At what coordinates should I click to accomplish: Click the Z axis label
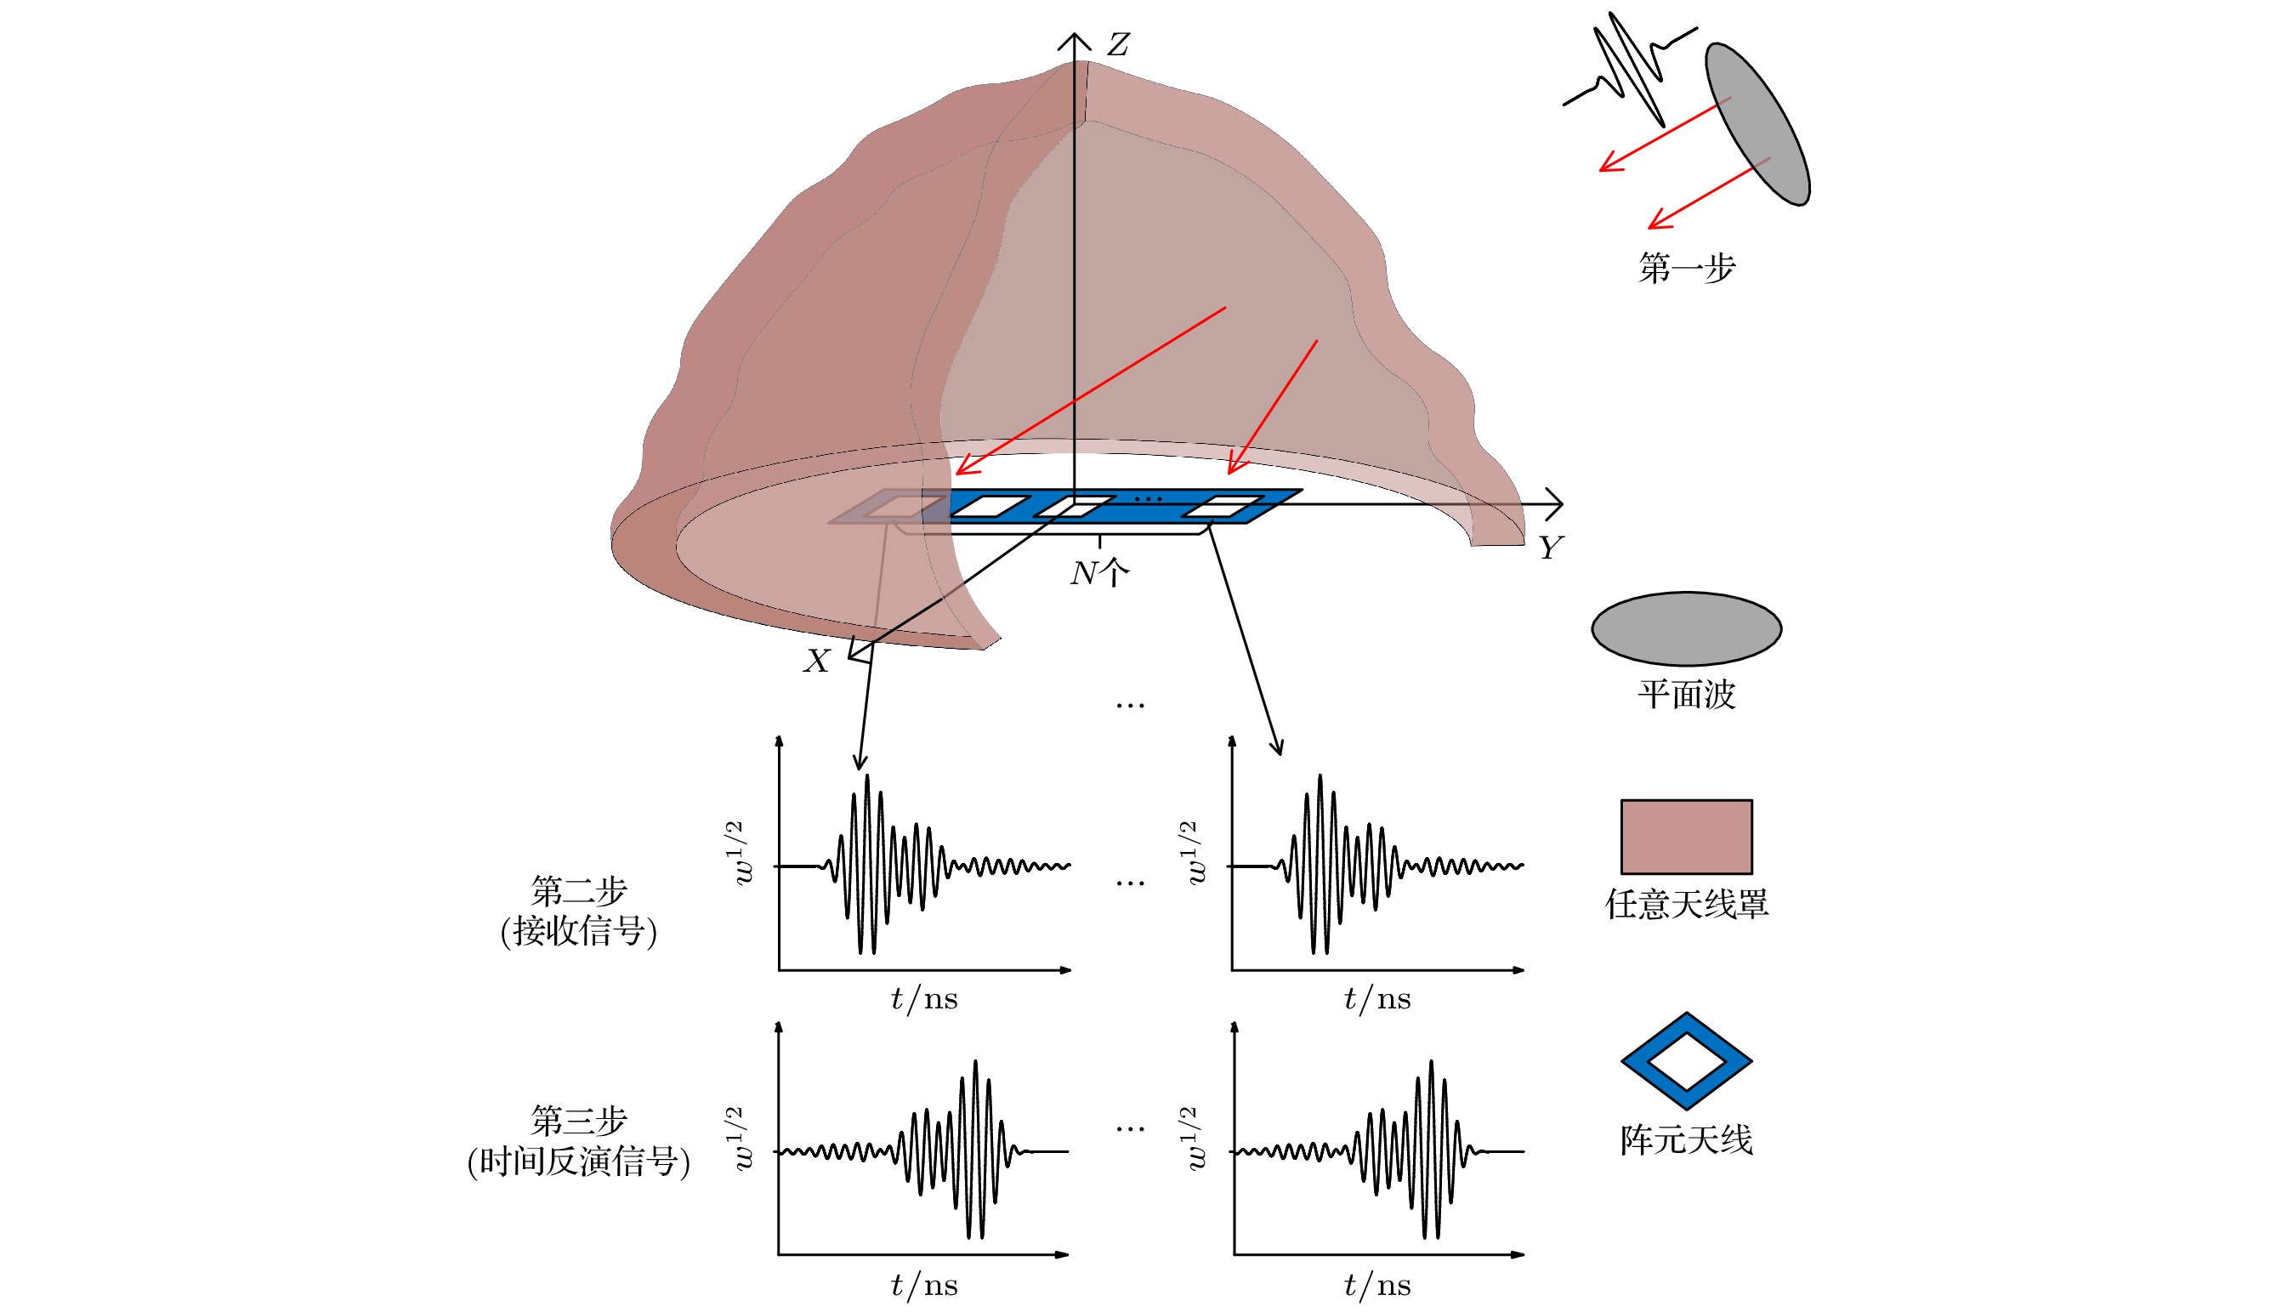tap(1118, 44)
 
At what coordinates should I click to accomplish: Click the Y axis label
tap(1550, 547)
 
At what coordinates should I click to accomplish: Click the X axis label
tap(816, 661)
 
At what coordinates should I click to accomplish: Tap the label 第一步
tap(1686, 268)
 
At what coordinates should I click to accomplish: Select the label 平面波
tap(1686, 694)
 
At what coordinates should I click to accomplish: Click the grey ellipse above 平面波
tap(1686, 628)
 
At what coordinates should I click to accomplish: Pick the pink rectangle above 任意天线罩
tap(1686, 836)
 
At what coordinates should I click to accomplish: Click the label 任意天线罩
tap(1686, 904)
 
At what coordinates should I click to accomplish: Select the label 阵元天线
tap(1686, 1140)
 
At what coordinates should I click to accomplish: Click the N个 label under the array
tap(1099, 572)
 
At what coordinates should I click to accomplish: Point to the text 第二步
tap(578, 891)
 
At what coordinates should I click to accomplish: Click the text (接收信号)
tap(578, 931)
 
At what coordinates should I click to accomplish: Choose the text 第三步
tap(578, 1121)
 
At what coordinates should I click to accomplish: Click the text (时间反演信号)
tap(578, 1161)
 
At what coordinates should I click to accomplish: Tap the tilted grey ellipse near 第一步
tap(1757, 123)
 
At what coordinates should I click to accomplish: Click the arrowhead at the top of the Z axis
tap(1074, 39)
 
